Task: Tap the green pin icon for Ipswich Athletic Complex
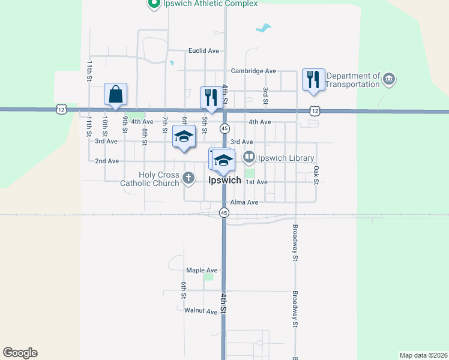pos(153,4)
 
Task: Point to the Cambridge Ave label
pos(253,71)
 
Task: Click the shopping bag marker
pos(115,95)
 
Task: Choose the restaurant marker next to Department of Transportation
pos(313,80)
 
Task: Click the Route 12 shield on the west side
pos(61,109)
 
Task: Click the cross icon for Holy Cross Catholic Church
pos(188,178)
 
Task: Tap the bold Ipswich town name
pos(224,180)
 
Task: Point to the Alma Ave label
pos(244,203)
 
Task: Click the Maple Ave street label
pos(202,271)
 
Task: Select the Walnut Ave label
pos(200,311)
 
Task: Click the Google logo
pos(20,353)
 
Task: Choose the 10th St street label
pos(104,126)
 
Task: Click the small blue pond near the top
pos(262,28)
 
